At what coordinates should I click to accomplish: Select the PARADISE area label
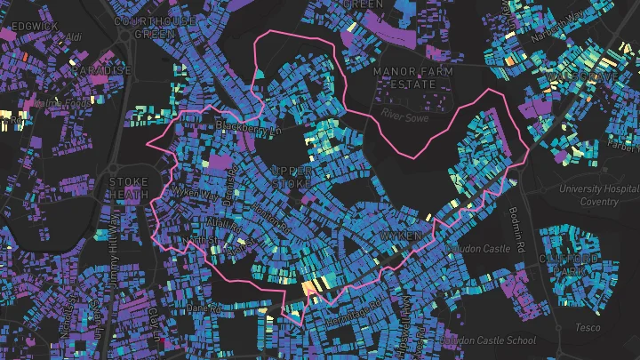(104, 70)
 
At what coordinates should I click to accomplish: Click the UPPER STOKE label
(292, 176)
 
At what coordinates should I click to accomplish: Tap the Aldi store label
(74, 36)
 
